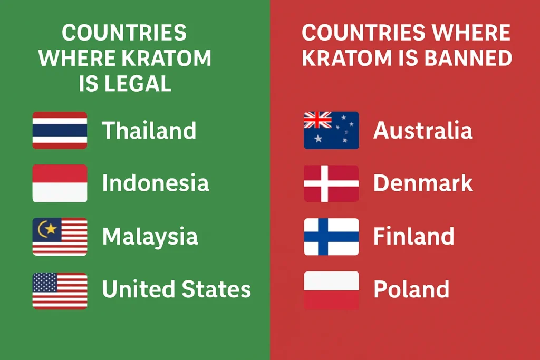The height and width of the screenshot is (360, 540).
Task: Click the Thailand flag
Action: (x=60, y=130)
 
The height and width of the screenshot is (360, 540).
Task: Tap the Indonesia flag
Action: (x=60, y=183)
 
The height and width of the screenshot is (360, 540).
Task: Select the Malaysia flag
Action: (x=60, y=237)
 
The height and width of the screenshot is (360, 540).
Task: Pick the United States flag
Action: (x=60, y=290)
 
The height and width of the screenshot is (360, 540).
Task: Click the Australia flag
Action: (x=331, y=130)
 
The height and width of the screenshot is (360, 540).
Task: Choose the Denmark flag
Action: (x=331, y=183)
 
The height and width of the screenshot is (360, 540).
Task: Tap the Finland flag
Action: (x=331, y=237)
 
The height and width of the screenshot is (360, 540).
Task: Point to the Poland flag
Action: (x=331, y=290)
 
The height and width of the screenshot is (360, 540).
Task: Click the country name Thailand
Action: (x=149, y=130)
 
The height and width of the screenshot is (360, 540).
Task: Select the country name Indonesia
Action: (x=156, y=183)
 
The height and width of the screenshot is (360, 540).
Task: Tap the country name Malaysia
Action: (x=150, y=237)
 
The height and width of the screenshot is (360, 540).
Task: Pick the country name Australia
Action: (x=423, y=130)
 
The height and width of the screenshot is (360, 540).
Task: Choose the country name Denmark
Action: (x=423, y=183)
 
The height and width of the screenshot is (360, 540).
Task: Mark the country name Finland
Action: (x=413, y=237)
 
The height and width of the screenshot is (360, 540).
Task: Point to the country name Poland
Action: (x=411, y=289)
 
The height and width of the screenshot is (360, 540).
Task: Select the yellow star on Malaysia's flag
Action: (x=51, y=228)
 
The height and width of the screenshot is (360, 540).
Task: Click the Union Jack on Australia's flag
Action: (x=317, y=120)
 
